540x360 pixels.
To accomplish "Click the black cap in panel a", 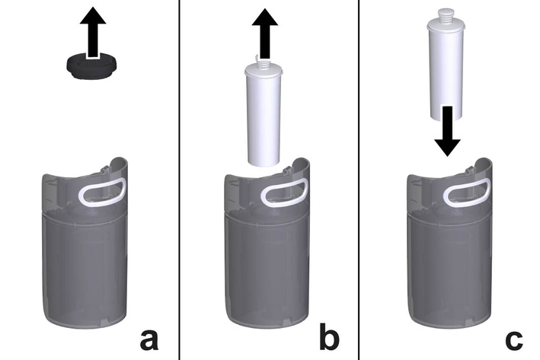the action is pyautogui.click(x=92, y=66).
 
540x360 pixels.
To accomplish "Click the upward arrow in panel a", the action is pyautogui.click(x=93, y=32).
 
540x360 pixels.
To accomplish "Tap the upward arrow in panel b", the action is pyautogui.click(x=264, y=33).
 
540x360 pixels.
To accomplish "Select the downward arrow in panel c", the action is pyautogui.click(x=447, y=131).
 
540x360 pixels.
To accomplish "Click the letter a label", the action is pyautogui.click(x=149, y=339).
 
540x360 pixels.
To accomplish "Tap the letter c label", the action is pyautogui.click(x=514, y=339).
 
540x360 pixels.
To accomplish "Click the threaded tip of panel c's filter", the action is pyautogui.click(x=446, y=14).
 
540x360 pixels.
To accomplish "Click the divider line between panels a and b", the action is pyautogui.click(x=180, y=180).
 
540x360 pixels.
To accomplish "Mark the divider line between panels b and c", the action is pyautogui.click(x=359, y=180).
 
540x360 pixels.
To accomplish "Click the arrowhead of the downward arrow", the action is pyautogui.click(x=447, y=147).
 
